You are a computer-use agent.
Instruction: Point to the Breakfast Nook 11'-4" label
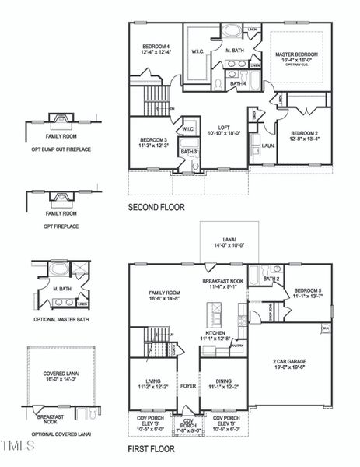(x=223, y=283)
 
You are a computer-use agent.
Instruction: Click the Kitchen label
(x=217, y=335)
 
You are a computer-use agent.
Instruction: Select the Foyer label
(x=188, y=385)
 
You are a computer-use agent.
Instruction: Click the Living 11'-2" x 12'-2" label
(x=152, y=383)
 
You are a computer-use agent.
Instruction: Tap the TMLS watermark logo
(x=18, y=446)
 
